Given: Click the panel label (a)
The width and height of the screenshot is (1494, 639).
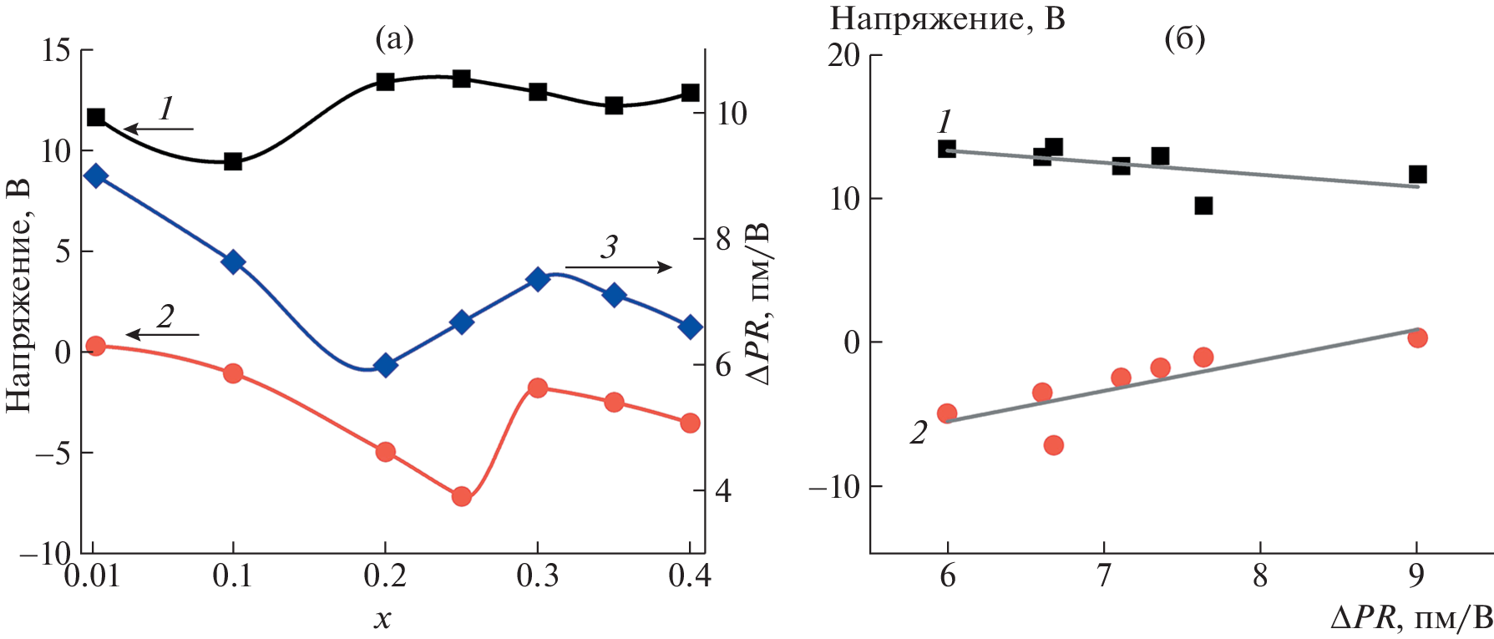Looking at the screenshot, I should [394, 38].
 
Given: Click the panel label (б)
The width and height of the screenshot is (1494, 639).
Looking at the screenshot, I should [1184, 38].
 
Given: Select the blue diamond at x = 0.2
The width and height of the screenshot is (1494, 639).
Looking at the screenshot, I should [385, 365].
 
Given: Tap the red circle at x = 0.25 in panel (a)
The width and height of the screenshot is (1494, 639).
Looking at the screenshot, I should [462, 497].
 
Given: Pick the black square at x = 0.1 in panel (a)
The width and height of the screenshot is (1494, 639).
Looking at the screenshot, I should [233, 161].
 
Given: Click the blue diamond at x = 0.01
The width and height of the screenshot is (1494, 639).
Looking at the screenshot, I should [96, 175].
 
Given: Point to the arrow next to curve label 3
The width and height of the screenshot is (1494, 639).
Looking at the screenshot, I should [618, 267].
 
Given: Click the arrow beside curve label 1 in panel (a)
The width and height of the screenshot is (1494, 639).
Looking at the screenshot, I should [159, 129].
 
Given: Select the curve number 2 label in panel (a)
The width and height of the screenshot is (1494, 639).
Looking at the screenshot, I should [165, 317].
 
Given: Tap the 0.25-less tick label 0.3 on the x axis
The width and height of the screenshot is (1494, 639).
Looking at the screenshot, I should [537, 576].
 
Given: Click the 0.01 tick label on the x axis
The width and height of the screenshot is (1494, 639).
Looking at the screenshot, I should [92, 576].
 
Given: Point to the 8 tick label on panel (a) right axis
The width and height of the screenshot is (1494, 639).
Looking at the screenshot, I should [722, 241].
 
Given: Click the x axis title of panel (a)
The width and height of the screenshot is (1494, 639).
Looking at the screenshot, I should [382, 618].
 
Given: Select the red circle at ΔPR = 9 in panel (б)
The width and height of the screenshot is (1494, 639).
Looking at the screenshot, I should [1417, 338].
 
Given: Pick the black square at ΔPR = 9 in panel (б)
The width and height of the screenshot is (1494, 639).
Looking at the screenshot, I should [1417, 175].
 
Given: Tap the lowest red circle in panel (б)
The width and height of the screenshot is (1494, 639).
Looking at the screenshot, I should [1053, 445].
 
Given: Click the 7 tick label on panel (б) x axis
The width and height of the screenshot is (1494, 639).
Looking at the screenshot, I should [1103, 576].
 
